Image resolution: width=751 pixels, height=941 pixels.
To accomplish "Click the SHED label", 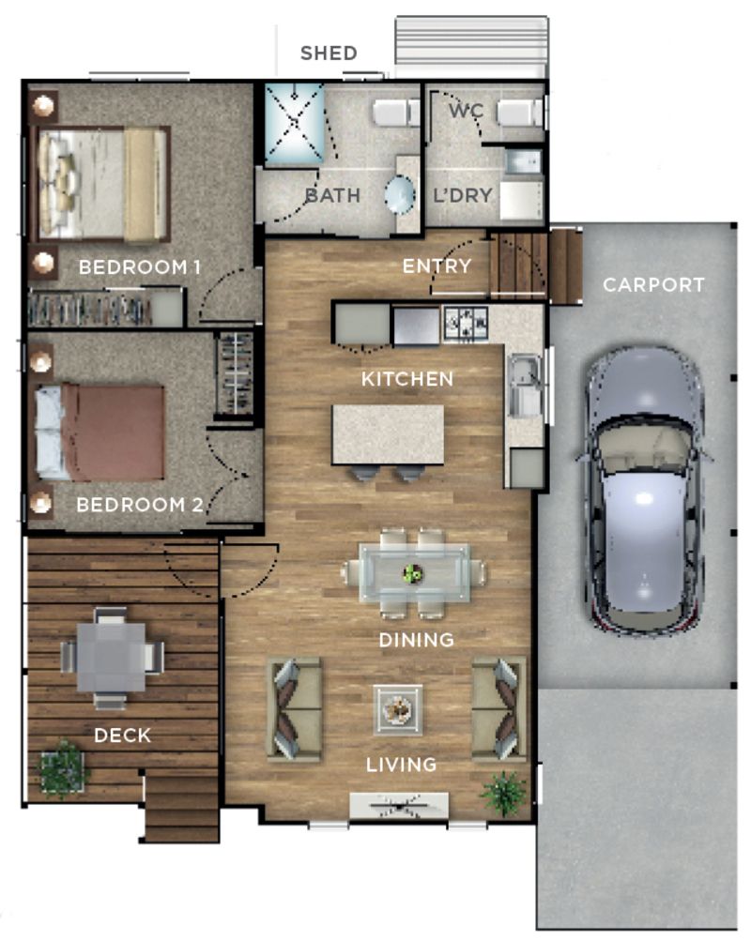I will (329, 53).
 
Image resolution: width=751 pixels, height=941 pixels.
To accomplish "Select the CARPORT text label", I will (653, 284).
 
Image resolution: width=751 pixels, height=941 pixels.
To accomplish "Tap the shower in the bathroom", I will (294, 124).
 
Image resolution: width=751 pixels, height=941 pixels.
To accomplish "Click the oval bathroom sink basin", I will (401, 197).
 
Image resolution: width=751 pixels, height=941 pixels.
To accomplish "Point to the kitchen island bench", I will (388, 433).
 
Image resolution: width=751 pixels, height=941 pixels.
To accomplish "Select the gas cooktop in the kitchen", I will (465, 326).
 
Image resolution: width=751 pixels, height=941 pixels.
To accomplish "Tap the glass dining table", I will (413, 572).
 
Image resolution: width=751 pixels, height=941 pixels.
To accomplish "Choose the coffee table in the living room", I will (398, 709).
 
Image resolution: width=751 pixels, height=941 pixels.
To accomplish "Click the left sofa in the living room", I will (295, 708).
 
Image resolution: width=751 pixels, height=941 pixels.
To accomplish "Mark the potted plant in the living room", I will (504, 794).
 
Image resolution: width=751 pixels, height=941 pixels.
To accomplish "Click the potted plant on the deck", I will (62, 769).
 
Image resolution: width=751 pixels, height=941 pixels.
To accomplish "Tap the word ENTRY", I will (437, 266).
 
